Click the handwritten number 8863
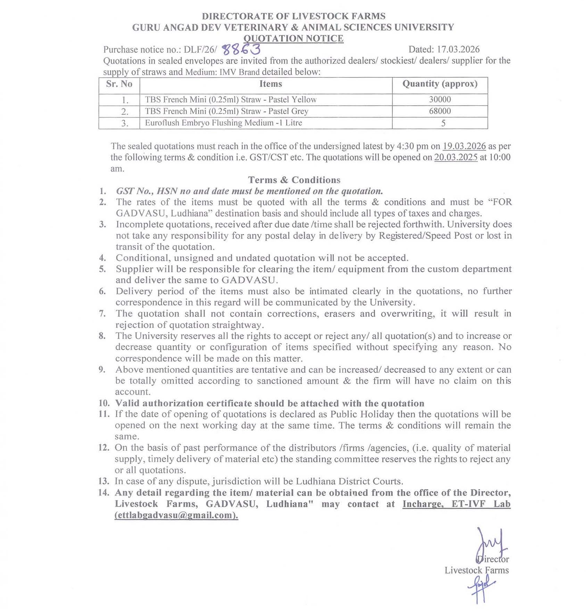241,50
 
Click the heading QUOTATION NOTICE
293,39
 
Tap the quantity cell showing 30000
440,100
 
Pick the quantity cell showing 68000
440,111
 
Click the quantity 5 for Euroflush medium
443,123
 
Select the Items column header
271,84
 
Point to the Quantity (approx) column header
440,84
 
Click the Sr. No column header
119,84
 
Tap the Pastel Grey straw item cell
226,111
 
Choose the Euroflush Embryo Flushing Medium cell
223,123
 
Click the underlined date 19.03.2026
464,146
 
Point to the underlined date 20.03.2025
456,158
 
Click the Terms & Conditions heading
294,180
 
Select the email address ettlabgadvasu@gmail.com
176,515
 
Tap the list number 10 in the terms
104,403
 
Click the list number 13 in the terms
104,481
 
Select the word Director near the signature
493,559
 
